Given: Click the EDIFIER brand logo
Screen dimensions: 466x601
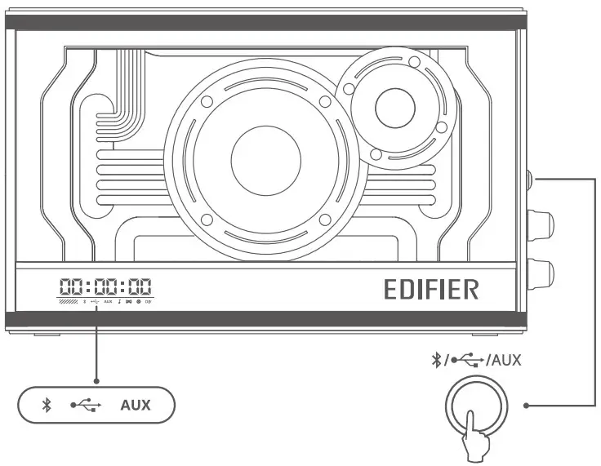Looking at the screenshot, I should point(431,290).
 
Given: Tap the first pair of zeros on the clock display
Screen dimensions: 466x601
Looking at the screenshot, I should point(72,286).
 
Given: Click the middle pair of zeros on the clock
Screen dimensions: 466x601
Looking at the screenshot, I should point(105,286).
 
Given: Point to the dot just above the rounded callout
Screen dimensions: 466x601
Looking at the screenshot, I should point(96,380).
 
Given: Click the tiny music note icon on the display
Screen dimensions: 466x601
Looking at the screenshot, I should point(119,302).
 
